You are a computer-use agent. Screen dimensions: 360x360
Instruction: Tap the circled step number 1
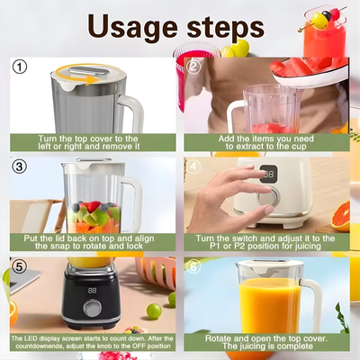click(21, 67)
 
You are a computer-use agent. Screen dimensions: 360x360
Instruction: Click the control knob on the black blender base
click(92, 308)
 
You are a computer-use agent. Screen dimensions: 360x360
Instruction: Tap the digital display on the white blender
click(267, 175)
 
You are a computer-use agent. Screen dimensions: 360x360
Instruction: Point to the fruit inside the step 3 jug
click(93, 215)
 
